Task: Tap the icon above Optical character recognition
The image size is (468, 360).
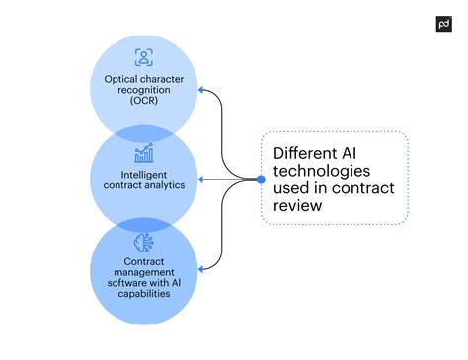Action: (144, 57)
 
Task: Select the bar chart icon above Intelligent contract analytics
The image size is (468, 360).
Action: (144, 153)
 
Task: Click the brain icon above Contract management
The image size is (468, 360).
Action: (144, 243)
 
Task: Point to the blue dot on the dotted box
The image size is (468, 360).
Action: (261, 180)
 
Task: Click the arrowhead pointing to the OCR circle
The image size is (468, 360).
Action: (201, 90)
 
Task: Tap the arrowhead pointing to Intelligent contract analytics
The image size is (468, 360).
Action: (201, 180)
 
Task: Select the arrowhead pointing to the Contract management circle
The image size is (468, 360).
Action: (201, 267)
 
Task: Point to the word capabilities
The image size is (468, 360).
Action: (144, 294)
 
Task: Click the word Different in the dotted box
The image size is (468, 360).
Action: (307, 152)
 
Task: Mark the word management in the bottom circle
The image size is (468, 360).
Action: (144, 271)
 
